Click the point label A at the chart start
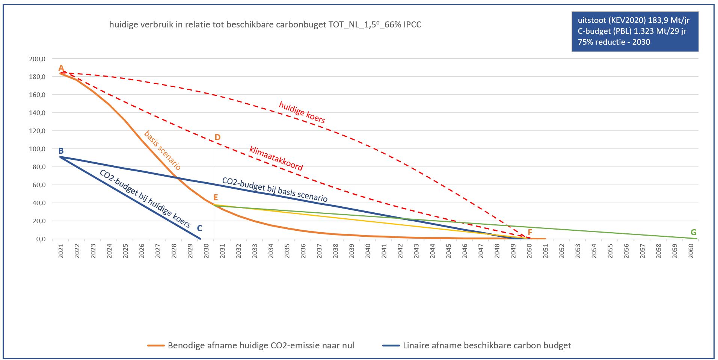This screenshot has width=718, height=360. [x=61, y=68]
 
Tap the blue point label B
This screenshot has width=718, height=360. [x=61, y=151]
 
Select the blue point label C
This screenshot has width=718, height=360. [x=199, y=228]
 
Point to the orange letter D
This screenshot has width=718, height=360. [x=217, y=138]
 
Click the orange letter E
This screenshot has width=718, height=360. [x=216, y=198]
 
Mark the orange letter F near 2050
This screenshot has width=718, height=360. [x=530, y=233]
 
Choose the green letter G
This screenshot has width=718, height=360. [x=694, y=233]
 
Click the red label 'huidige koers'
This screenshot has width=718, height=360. [x=302, y=112]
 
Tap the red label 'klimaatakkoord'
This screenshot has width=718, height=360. [x=276, y=158]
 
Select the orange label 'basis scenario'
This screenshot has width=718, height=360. [x=163, y=150]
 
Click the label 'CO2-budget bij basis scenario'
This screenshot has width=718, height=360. [x=275, y=189]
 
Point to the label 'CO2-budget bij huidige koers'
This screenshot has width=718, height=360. [x=145, y=198]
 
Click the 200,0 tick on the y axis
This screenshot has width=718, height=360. [x=37, y=59]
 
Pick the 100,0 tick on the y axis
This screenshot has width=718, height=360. [x=37, y=149]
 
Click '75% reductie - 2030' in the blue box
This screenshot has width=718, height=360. [x=614, y=42]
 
